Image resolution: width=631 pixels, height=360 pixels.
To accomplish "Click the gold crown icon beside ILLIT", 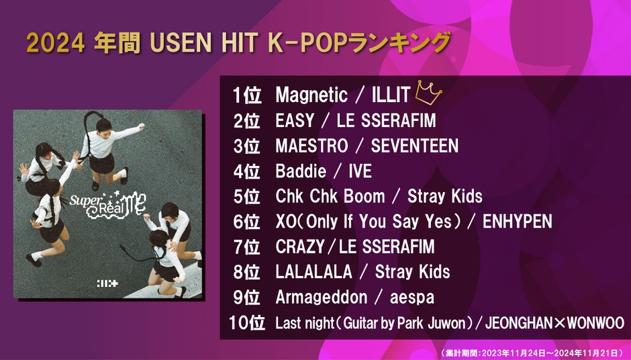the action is point(428,93).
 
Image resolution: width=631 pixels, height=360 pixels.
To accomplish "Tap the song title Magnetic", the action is point(311,95).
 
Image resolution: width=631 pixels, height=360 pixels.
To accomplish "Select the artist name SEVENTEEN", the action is point(414,146).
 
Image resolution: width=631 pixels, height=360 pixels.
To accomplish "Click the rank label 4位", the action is point(246,171).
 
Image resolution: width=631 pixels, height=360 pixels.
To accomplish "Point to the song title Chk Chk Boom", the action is point(330,197).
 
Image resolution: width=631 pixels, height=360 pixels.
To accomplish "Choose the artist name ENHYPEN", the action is point(517,222).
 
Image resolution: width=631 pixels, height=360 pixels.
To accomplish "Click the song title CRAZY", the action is point(300,247).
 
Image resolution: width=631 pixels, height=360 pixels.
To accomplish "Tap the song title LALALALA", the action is point(314,272).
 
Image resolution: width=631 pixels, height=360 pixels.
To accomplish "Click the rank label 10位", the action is point(246,323).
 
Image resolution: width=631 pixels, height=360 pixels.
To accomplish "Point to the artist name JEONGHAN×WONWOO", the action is point(554,323).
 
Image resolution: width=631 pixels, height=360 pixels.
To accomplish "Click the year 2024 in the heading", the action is point(56,43).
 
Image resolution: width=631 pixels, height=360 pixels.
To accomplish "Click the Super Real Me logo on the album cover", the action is point(107,204).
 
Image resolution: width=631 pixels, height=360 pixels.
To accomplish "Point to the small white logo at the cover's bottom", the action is point(107,283).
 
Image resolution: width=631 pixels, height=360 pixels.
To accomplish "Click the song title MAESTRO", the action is point(311,146).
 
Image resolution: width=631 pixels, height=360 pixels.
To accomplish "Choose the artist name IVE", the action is point(360,171).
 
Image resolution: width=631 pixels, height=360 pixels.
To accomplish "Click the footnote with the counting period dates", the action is point(532,353).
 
